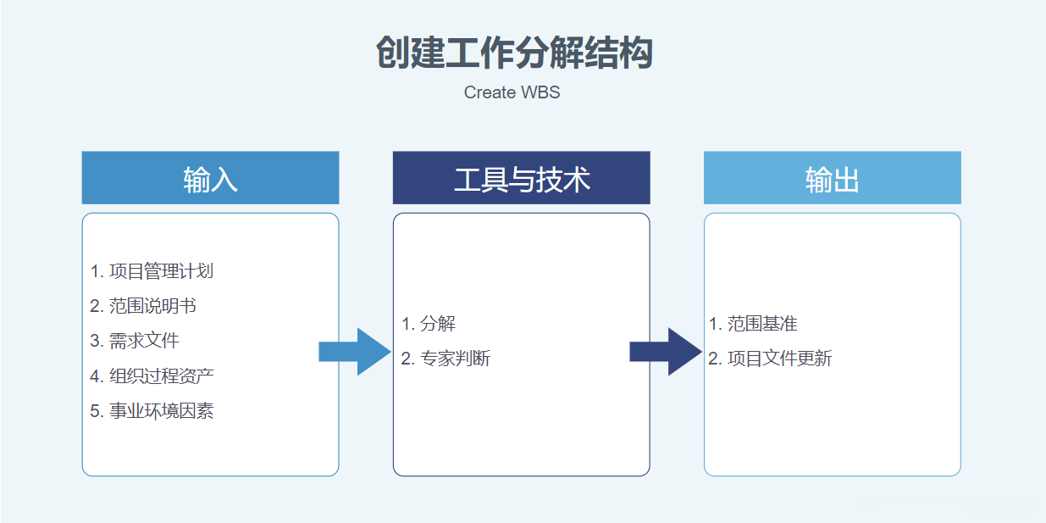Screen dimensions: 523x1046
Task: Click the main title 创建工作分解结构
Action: pyautogui.click(x=514, y=53)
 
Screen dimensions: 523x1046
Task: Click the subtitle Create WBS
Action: pyautogui.click(x=512, y=92)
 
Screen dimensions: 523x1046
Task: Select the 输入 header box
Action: pyautogui.click(x=210, y=178)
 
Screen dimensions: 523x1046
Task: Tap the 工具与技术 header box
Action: pyautogui.click(x=521, y=178)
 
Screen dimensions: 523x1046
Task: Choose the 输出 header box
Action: pyautogui.click(x=832, y=178)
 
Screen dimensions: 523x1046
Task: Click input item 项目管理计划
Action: pyautogui.click(x=161, y=271)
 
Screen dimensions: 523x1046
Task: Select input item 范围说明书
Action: pyautogui.click(x=152, y=306)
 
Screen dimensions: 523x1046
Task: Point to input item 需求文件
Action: pyautogui.click(x=144, y=341)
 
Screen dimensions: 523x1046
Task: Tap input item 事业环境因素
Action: pyautogui.click(x=161, y=411)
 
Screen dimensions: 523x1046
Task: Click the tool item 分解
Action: pyautogui.click(x=437, y=324)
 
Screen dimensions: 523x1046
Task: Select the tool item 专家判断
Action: pyautogui.click(x=455, y=359)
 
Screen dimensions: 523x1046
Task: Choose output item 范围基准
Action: pyautogui.click(x=762, y=324)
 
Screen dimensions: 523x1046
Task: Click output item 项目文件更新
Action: pyautogui.click(x=779, y=359)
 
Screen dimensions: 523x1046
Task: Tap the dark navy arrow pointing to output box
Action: pyautogui.click(x=665, y=352)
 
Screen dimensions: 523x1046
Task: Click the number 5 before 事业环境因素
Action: pyautogui.click(x=96, y=411)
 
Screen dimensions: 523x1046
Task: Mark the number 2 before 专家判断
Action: pyautogui.click(x=407, y=359)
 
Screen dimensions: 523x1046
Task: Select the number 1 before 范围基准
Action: pyautogui.click(x=714, y=324)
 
